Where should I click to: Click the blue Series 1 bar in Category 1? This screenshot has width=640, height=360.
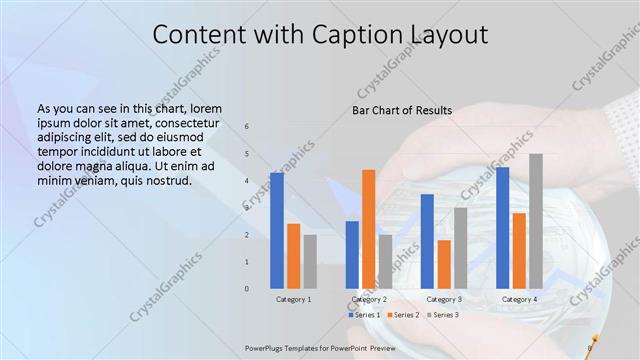click(x=277, y=230)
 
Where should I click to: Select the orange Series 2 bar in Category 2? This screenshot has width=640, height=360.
click(x=368, y=229)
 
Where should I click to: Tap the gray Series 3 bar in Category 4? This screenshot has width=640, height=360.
click(x=536, y=221)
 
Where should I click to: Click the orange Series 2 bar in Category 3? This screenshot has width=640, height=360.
click(x=444, y=264)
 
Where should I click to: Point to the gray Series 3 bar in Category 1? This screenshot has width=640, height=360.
click(x=310, y=261)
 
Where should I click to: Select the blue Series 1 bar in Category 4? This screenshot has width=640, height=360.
click(x=502, y=227)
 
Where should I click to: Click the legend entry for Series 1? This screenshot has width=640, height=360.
click(x=364, y=315)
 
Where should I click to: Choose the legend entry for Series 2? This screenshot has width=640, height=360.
click(x=402, y=315)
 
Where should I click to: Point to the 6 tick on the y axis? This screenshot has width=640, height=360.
click(x=247, y=126)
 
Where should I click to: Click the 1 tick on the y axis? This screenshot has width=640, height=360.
click(x=247, y=262)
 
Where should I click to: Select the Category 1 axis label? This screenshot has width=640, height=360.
click(x=293, y=299)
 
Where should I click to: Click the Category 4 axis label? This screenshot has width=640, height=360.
click(x=518, y=299)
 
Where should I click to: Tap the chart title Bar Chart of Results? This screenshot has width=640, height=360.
click(x=402, y=110)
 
